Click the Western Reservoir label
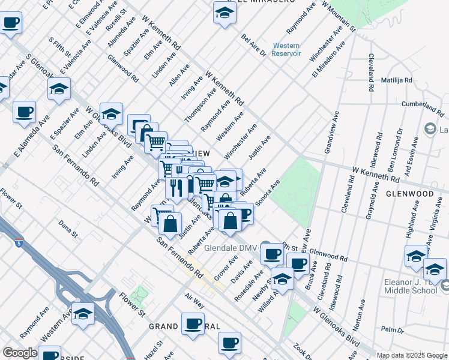pyautogui.click(x=285, y=50)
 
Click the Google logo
pyautogui.click(x=20, y=352)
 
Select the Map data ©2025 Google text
pyautogui.click(x=412, y=355)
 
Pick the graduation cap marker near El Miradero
pyautogui.click(x=224, y=13)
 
